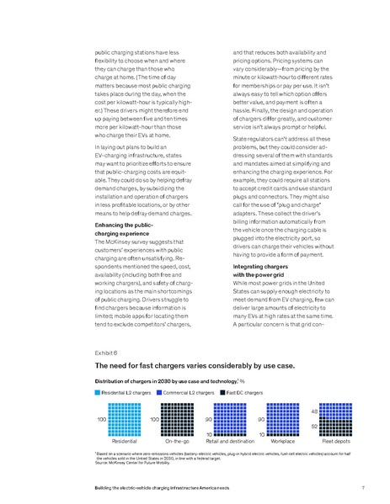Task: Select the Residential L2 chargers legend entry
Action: click(x=127, y=394)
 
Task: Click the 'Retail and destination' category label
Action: click(x=230, y=440)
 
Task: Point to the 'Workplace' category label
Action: click(x=284, y=440)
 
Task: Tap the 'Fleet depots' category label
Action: click(x=337, y=440)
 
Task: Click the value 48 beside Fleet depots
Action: click(x=313, y=411)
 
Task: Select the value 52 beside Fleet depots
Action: click(x=313, y=427)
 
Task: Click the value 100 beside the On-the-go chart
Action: click(x=154, y=418)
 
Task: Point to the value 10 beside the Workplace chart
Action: click(x=261, y=433)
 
